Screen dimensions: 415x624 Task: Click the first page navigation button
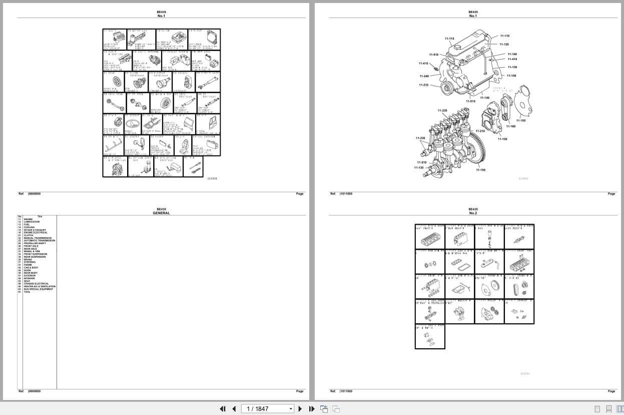coord(223,409)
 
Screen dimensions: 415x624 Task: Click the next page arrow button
coord(300,409)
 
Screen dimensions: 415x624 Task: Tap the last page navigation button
coord(311,409)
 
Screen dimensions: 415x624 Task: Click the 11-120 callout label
coord(504,44)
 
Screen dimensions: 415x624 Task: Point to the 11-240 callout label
coord(424,76)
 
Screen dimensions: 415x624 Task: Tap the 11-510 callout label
coord(470,101)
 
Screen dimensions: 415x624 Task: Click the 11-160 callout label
coord(510,126)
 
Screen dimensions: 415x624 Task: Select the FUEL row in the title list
coord(27,225)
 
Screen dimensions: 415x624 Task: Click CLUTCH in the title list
coord(28,235)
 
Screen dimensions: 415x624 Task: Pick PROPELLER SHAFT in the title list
coord(35,244)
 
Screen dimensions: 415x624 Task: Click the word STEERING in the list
coord(30,262)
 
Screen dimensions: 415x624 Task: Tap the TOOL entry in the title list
coord(27,292)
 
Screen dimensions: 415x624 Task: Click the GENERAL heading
coord(161,213)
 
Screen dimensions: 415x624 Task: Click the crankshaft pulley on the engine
coord(446,89)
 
